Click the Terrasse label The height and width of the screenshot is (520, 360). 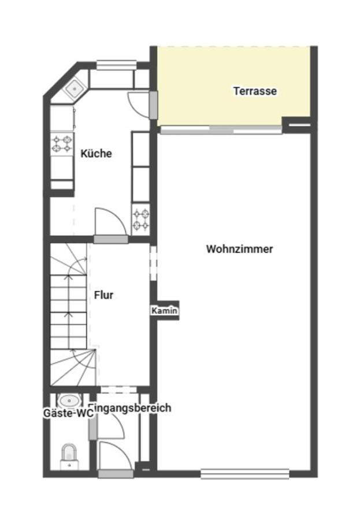click(255, 91)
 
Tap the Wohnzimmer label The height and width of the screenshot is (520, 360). click(240, 249)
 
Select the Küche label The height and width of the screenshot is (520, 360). click(97, 154)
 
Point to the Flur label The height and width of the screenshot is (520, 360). click(103, 295)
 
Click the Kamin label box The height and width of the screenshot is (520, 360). click(164, 311)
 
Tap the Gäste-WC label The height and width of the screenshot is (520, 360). click(66, 413)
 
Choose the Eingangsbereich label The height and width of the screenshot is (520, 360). click(131, 407)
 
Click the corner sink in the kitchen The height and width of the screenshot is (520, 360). click(75, 88)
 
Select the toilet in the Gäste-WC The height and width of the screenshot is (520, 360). click(69, 456)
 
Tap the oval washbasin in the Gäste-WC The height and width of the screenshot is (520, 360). click(69, 400)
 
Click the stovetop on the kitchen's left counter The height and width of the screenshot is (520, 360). click(62, 144)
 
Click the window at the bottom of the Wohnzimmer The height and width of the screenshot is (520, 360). click(245, 474)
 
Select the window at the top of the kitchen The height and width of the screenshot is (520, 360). click(117, 65)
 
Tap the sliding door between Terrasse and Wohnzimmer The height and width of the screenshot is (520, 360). click(221, 129)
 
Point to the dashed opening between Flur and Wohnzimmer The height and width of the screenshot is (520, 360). click(153, 263)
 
